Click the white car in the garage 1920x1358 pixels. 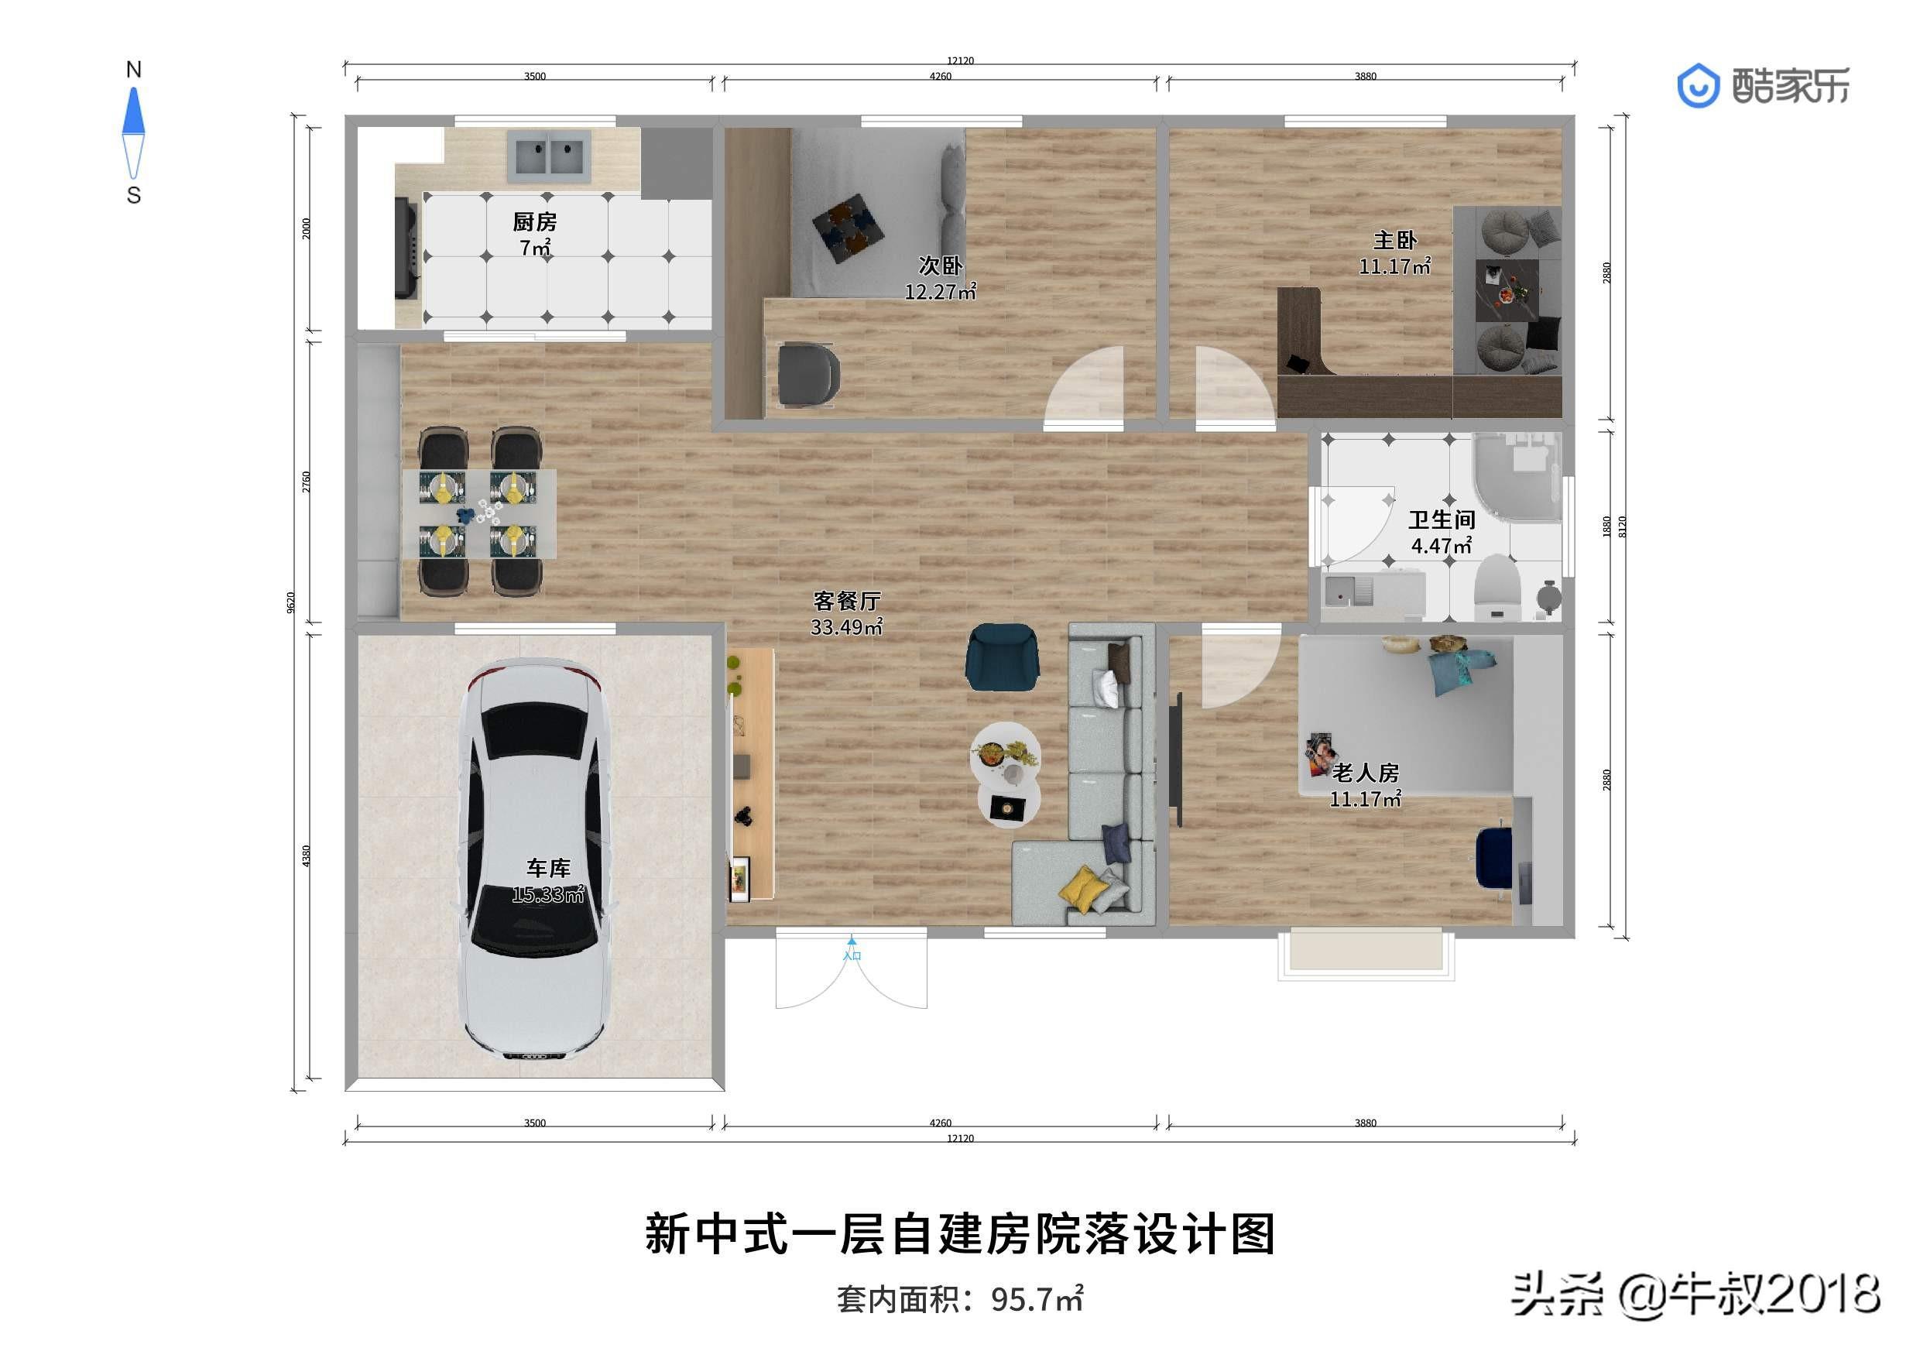(x=535, y=861)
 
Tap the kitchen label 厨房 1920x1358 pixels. (x=534, y=221)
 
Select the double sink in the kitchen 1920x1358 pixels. (x=549, y=156)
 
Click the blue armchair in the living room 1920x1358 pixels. (x=1003, y=657)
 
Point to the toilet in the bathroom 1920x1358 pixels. (x=1496, y=588)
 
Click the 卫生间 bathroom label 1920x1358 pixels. (x=1441, y=520)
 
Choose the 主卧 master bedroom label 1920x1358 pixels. (x=1395, y=241)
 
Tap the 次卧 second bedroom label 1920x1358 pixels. (x=940, y=266)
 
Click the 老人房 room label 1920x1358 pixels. (x=1365, y=773)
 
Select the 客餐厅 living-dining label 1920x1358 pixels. (x=846, y=600)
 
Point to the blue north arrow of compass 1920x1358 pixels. (x=134, y=111)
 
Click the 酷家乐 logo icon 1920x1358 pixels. (x=1698, y=86)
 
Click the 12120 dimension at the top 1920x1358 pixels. (x=960, y=60)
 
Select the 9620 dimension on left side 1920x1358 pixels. (x=291, y=602)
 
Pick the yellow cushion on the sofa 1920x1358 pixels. (x=1082, y=888)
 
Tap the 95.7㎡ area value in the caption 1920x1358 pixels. (x=1037, y=1298)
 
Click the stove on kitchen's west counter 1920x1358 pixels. (x=406, y=249)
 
